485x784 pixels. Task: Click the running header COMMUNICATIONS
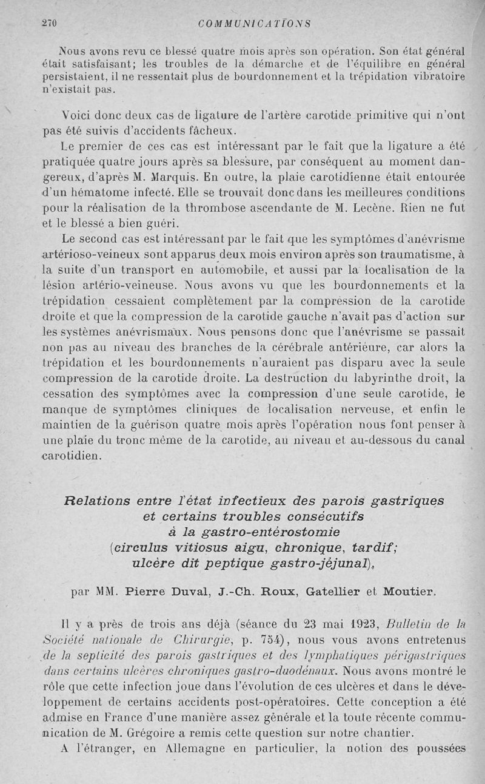pos(254,24)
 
